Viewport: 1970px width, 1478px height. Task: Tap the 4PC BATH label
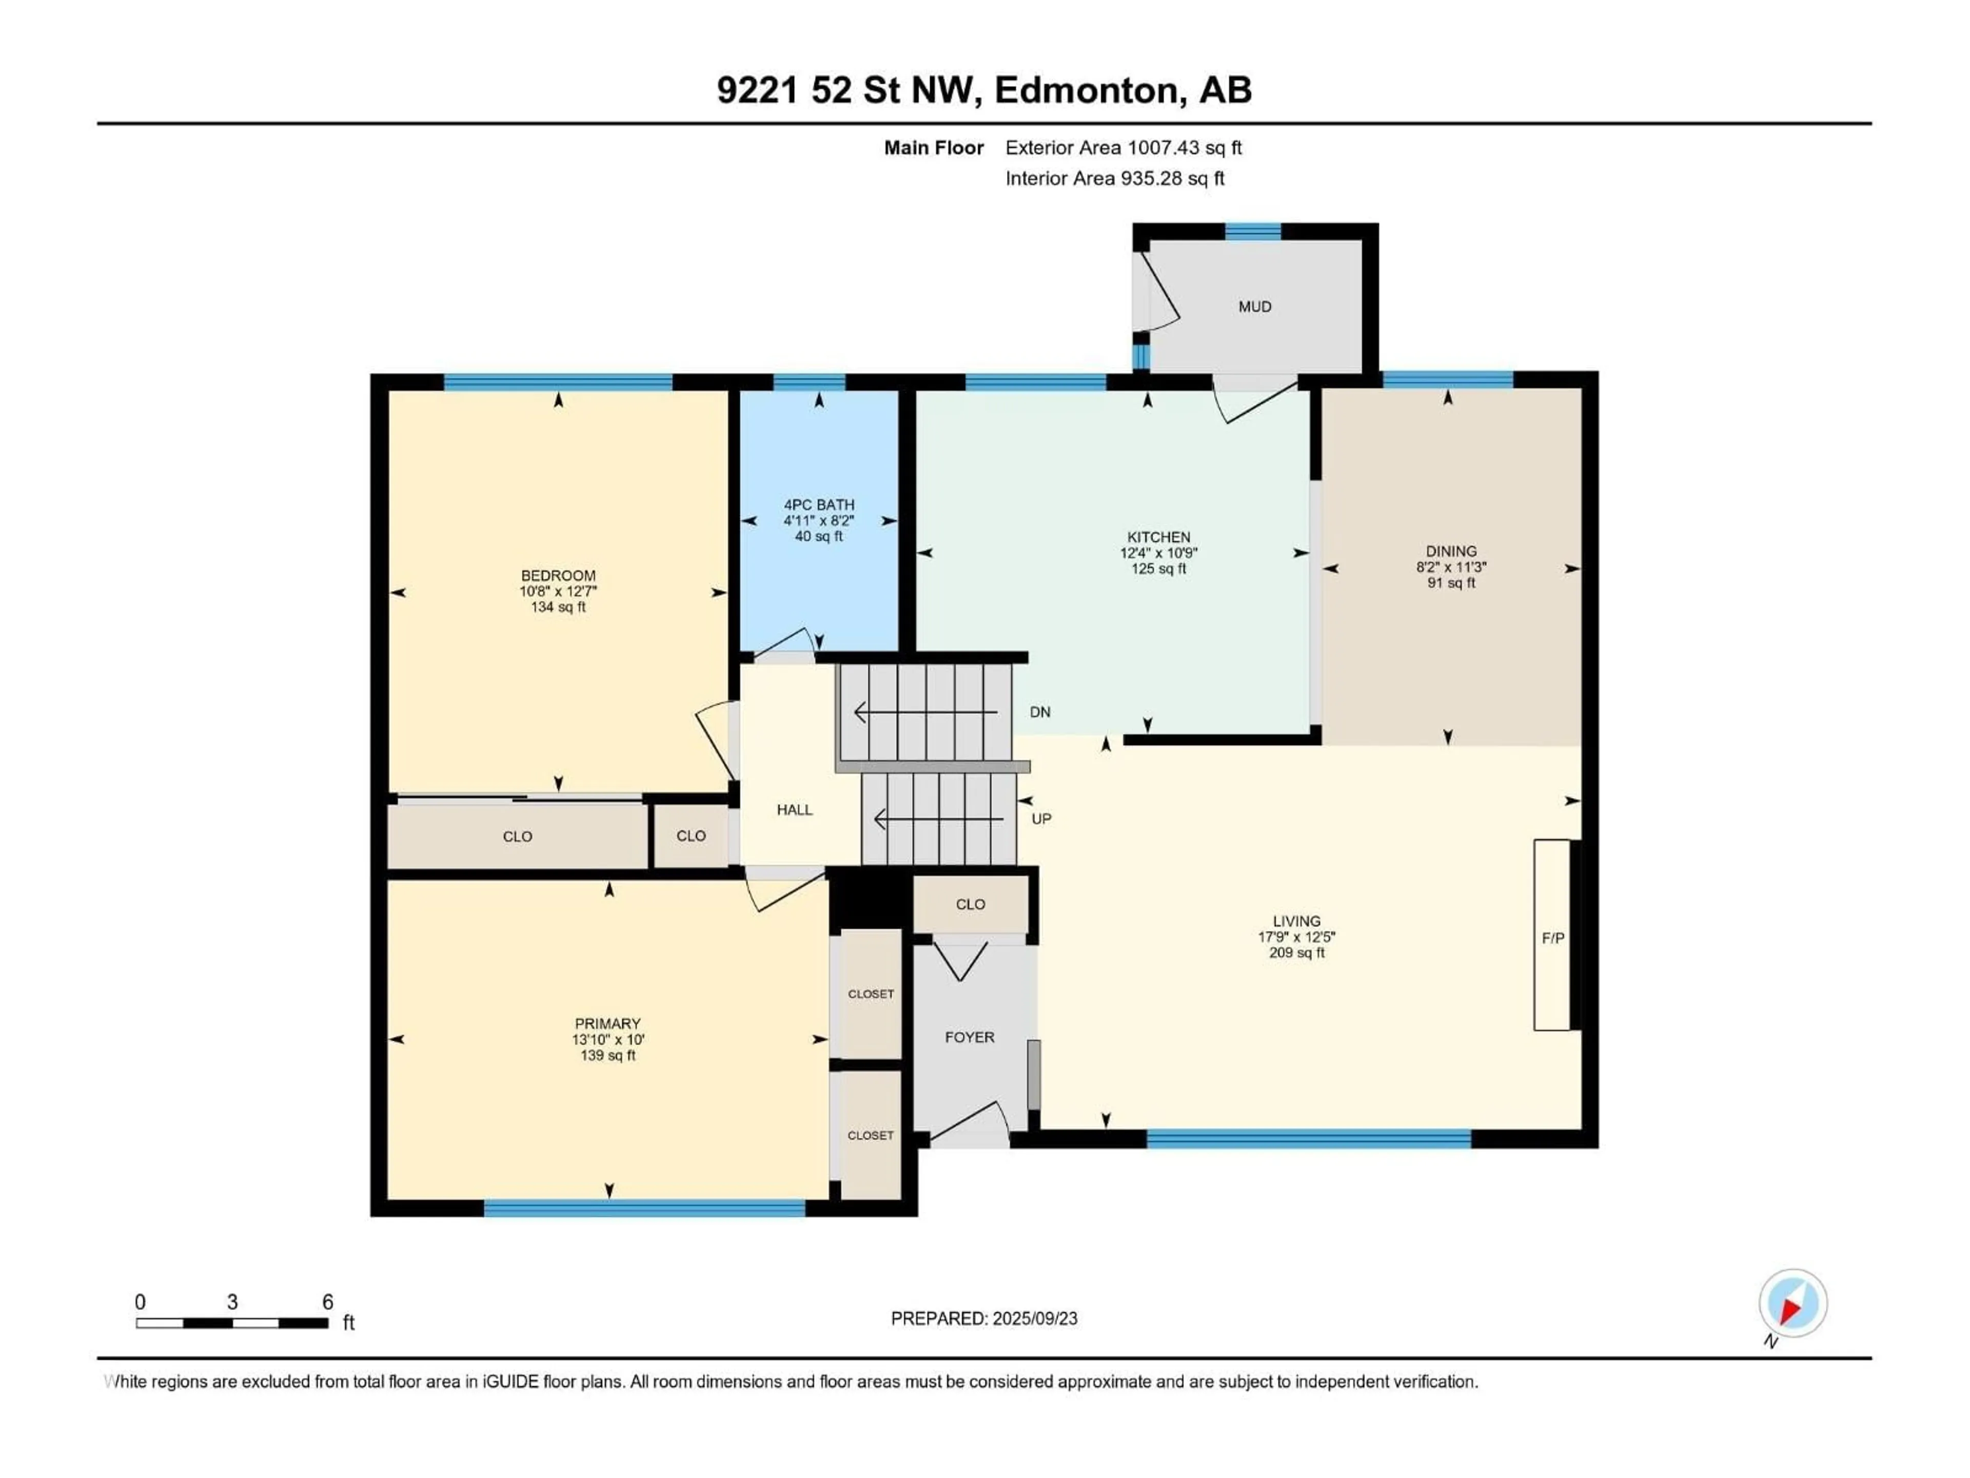pyautogui.click(x=818, y=504)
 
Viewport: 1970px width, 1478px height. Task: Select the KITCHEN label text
pyautogui.click(x=1159, y=537)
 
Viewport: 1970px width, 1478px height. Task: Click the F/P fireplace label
pyautogui.click(x=1553, y=938)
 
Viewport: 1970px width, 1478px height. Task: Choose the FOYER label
pyautogui.click(x=969, y=1037)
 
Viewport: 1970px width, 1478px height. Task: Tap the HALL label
pyautogui.click(x=794, y=810)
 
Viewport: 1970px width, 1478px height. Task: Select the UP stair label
pyautogui.click(x=1041, y=819)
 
